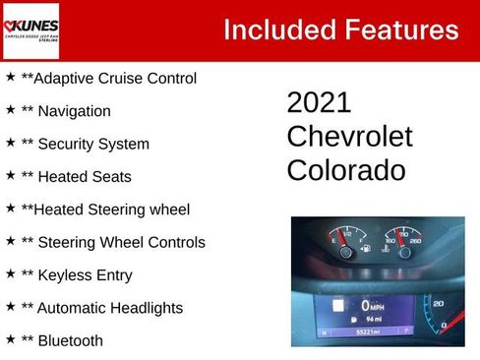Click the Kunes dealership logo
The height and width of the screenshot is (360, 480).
tap(31, 30)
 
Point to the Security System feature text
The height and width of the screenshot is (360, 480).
tap(86, 144)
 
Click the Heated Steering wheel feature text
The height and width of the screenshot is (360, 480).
tap(105, 210)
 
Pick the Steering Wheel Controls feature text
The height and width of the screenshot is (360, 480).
tap(113, 242)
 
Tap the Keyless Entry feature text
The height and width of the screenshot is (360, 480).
tap(77, 275)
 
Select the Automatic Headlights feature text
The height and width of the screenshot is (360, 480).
tap(102, 308)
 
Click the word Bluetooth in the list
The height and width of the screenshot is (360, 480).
tap(72, 341)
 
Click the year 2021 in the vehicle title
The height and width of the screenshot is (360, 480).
tap(319, 103)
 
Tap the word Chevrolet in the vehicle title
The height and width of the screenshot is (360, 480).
tap(349, 137)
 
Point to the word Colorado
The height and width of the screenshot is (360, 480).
tap(345, 170)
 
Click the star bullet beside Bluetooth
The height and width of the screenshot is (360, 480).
tap(10, 339)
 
